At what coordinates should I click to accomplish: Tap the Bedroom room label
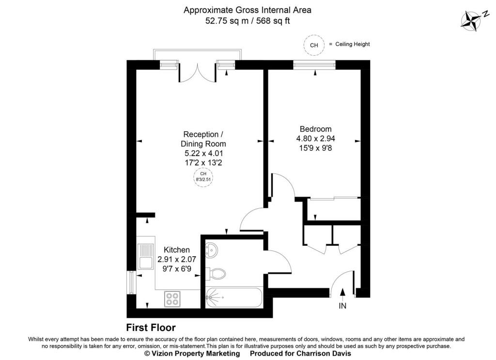pyautogui.click(x=316, y=129)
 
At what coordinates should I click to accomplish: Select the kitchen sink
pyautogui.click(x=145, y=256)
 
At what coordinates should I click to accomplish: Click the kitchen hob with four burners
pyautogui.click(x=172, y=298)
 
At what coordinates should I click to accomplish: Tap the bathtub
pyautogui.click(x=234, y=297)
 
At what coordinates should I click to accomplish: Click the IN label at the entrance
pyautogui.click(x=342, y=306)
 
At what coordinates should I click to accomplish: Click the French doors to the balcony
pyautogui.click(x=198, y=72)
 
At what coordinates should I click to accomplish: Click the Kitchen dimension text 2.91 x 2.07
pyautogui.click(x=177, y=259)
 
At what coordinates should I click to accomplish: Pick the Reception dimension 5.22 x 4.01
pyautogui.click(x=204, y=154)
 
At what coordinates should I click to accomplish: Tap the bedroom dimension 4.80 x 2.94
pyautogui.click(x=316, y=139)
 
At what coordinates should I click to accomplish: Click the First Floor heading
pyautogui.click(x=151, y=328)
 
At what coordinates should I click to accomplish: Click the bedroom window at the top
pyautogui.click(x=314, y=65)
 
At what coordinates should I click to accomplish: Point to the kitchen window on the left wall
pyautogui.click(x=131, y=282)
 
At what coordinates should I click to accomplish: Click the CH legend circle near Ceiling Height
pyautogui.click(x=314, y=45)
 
